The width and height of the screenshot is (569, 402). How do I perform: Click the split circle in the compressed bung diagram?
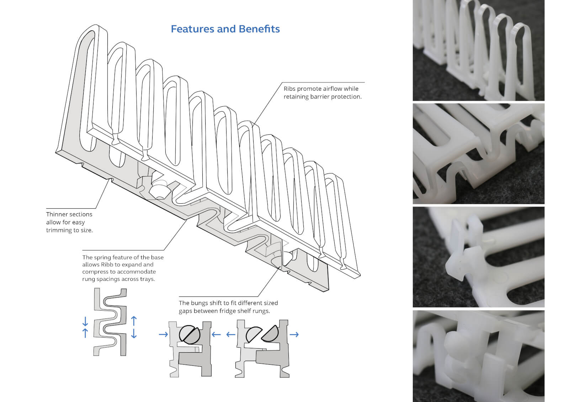click(x=190, y=334)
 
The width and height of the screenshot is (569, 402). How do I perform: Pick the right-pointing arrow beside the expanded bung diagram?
click(x=294, y=334)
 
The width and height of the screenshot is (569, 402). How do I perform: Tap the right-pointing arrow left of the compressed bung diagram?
click(x=163, y=334)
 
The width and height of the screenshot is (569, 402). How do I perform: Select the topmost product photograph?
click(x=478, y=50)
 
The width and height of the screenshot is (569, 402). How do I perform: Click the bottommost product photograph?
click(x=478, y=356)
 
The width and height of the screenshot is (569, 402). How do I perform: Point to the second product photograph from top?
click(x=478, y=154)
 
